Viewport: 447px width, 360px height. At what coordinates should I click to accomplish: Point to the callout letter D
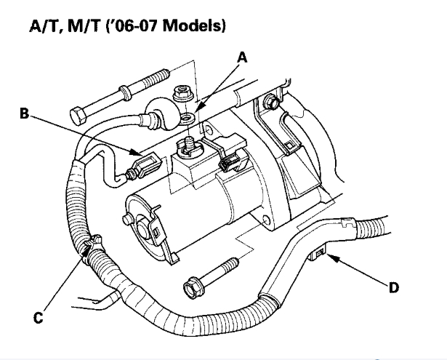coord(393,288)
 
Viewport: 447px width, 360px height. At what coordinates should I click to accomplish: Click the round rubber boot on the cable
coord(160,114)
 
